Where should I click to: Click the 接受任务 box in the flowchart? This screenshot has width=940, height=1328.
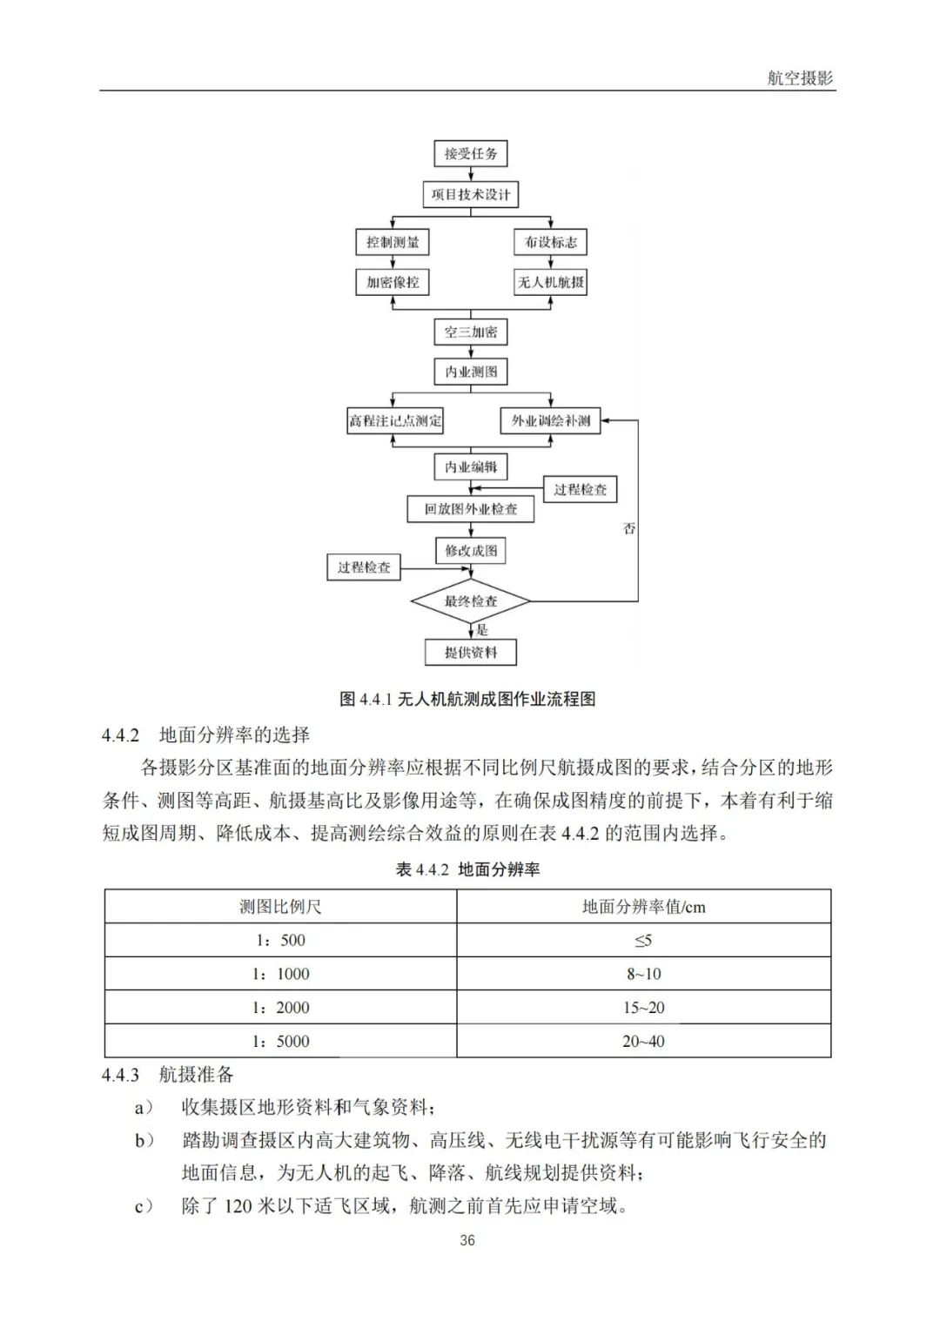click(x=471, y=154)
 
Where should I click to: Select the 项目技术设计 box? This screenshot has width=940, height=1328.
click(x=471, y=194)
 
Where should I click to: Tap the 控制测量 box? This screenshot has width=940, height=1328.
click(x=393, y=242)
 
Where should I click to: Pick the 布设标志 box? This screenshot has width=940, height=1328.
click(x=550, y=242)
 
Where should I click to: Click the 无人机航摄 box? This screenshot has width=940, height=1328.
click(x=550, y=282)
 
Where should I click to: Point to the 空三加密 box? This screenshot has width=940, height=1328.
click(x=471, y=332)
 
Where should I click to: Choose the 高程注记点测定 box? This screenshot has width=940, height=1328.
click(x=395, y=421)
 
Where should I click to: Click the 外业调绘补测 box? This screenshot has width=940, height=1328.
click(x=550, y=421)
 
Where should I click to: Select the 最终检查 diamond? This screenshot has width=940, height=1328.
click(x=471, y=601)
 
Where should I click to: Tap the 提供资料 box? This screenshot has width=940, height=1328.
click(x=471, y=652)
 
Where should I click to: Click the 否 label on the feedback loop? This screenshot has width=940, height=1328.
click(x=629, y=528)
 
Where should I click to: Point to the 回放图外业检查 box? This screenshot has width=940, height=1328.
click(x=471, y=509)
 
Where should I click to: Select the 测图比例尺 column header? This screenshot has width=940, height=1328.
click(x=280, y=907)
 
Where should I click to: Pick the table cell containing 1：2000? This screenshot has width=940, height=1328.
click(x=280, y=1008)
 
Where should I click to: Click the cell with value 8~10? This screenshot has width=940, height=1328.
click(x=643, y=974)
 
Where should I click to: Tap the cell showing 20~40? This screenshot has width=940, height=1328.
click(x=643, y=1042)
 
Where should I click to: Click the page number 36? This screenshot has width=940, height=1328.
click(x=467, y=1240)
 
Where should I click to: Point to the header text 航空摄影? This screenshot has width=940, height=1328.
click(x=800, y=77)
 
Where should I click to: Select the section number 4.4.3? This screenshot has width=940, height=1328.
click(x=120, y=1076)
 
